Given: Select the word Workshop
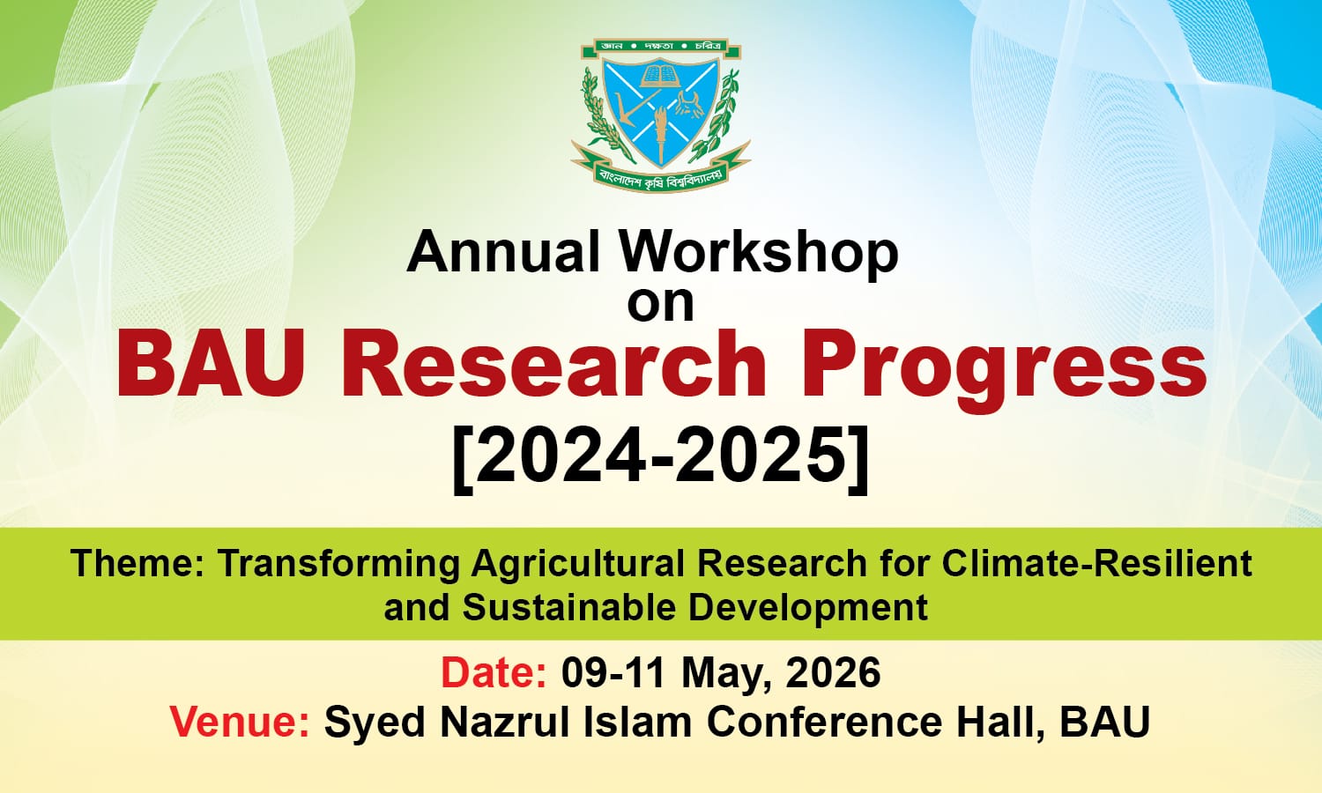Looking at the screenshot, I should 759,253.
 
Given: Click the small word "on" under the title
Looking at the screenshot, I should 660,302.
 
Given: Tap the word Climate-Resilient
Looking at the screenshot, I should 1097,563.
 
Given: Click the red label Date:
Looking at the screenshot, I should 494,673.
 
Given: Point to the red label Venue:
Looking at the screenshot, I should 240,723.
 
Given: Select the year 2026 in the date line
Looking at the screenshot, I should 833,673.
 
